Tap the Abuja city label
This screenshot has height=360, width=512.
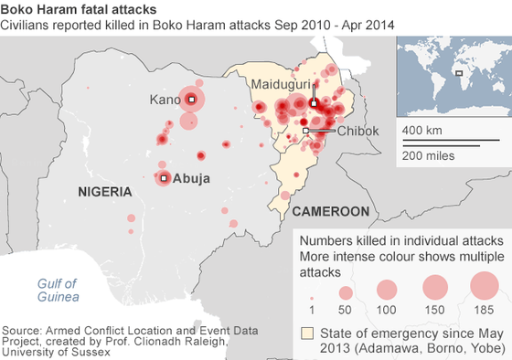click(192, 179)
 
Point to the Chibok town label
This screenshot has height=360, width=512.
click(357, 131)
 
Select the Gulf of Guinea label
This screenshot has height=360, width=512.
click(58, 290)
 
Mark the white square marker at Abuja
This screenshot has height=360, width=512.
click(164, 179)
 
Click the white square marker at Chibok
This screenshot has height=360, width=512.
click(305, 132)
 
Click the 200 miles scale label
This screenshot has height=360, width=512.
click(427, 155)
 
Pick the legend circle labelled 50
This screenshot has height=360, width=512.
click(346, 292)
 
